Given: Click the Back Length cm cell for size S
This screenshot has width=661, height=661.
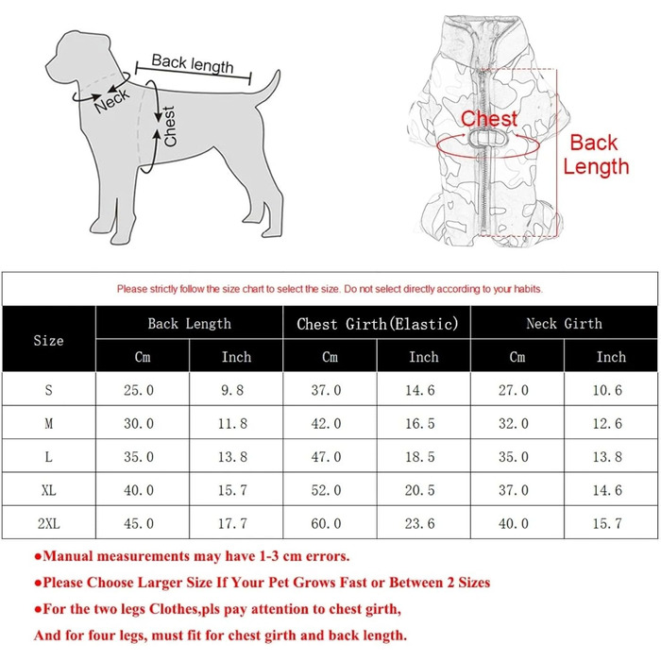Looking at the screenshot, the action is [x=139, y=390].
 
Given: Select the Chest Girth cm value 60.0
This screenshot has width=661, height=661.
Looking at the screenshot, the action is [x=327, y=523].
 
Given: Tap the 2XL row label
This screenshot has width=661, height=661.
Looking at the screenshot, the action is [x=49, y=523].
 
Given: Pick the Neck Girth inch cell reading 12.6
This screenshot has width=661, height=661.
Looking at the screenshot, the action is [x=607, y=423].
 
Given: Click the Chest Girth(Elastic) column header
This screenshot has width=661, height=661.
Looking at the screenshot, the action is [x=378, y=324].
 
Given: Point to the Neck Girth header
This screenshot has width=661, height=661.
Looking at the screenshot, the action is [x=564, y=323].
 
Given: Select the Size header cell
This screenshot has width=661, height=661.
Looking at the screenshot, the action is [x=48, y=340].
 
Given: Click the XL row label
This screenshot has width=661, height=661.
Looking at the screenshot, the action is [x=49, y=490].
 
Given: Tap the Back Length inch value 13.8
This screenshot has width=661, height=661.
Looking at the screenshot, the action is [x=232, y=456].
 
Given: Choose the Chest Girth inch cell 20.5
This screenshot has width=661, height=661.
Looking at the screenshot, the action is [x=420, y=490].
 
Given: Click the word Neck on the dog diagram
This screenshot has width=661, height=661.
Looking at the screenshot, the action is [x=112, y=101].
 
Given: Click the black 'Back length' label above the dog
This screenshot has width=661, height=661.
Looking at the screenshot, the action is [x=193, y=63].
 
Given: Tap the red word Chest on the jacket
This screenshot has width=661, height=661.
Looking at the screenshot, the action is [x=489, y=118].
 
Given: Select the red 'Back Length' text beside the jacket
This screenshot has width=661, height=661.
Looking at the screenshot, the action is [x=596, y=155].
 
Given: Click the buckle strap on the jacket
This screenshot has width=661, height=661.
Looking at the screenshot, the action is [x=488, y=138].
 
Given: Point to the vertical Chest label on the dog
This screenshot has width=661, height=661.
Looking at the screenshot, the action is [x=169, y=127].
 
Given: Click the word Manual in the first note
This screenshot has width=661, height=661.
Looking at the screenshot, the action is [x=68, y=556].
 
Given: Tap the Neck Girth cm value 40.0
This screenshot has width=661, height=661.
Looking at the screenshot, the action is [x=514, y=523].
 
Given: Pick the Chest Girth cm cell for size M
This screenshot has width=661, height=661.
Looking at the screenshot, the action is [x=327, y=423].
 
